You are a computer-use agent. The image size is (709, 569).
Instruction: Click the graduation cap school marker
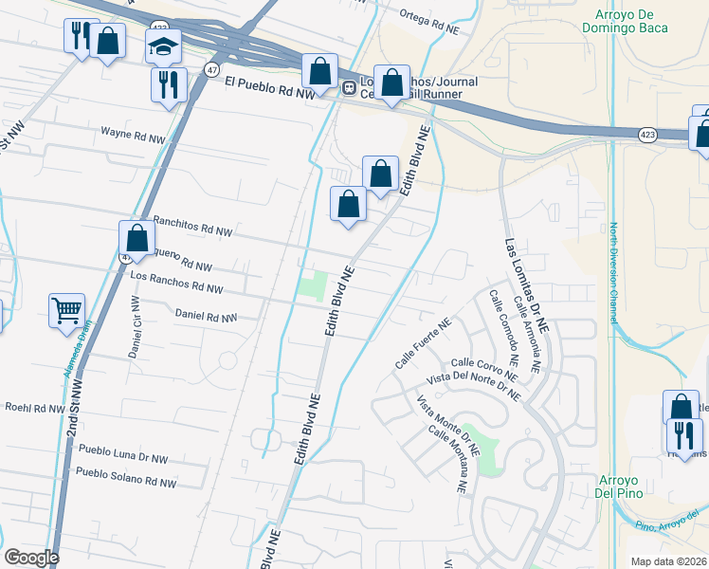[x=163, y=46]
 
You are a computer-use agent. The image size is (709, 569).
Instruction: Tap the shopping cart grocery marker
[x=67, y=309]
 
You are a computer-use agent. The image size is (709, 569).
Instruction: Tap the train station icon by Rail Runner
[x=349, y=89]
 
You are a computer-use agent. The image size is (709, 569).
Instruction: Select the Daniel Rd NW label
[x=206, y=315]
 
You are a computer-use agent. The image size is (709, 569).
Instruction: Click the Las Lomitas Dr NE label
[x=534, y=285]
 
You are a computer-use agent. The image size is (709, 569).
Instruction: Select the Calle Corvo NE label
[x=485, y=362]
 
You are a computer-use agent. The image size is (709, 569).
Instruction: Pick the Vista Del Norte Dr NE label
[x=474, y=386]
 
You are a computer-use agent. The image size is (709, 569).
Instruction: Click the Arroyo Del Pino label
[x=620, y=486]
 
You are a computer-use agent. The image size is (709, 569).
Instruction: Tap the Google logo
[x=31, y=558]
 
